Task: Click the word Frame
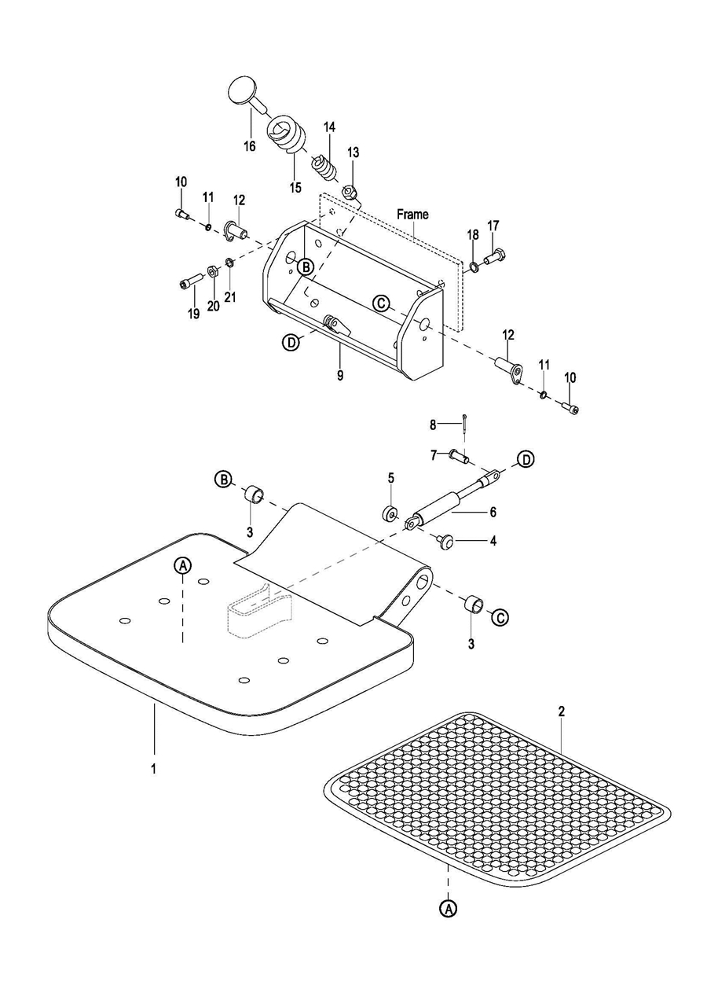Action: coord(412,215)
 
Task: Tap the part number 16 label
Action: coord(250,146)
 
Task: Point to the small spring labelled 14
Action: coord(324,167)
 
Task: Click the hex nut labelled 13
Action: coord(348,193)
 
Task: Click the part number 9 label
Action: coord(340,376)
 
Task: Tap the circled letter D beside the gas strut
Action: coord(527,459)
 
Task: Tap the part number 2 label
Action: coord(561,711)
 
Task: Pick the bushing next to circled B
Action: coord(253,494)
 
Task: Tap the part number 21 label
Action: coord(230,297)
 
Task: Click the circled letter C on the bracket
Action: coord(381,302)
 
